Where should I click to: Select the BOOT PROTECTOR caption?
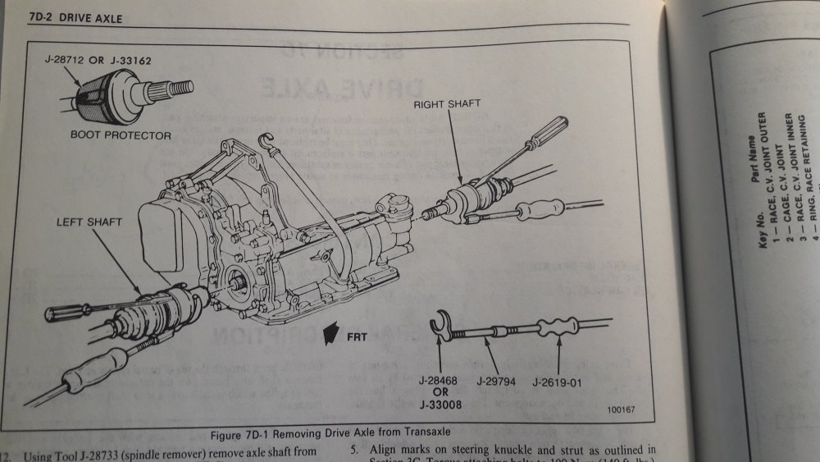click(120, 135)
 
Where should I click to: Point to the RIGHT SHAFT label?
click(447, 104)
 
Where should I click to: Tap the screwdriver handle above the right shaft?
click(547, 133)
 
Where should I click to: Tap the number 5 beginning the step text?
click(353, 449)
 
